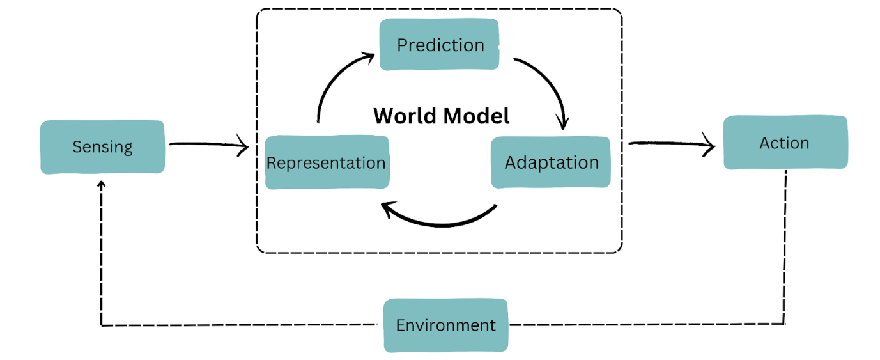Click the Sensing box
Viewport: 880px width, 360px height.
click(102, 146)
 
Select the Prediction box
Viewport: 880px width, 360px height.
click(440, 45)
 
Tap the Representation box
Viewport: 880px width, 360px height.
click(326, 162)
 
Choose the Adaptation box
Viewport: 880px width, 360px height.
click(551, 162)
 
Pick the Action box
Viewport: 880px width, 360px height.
click(785, 143)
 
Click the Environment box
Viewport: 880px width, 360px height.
click(445, 325)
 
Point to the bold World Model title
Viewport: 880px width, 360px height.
click(442, 116)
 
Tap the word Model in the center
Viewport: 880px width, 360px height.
click(479, 116)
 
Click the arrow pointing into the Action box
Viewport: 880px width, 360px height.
click(671, 145)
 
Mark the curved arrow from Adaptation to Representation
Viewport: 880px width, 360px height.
click(441, 221)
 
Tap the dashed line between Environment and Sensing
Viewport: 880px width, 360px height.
click(243, 325)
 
